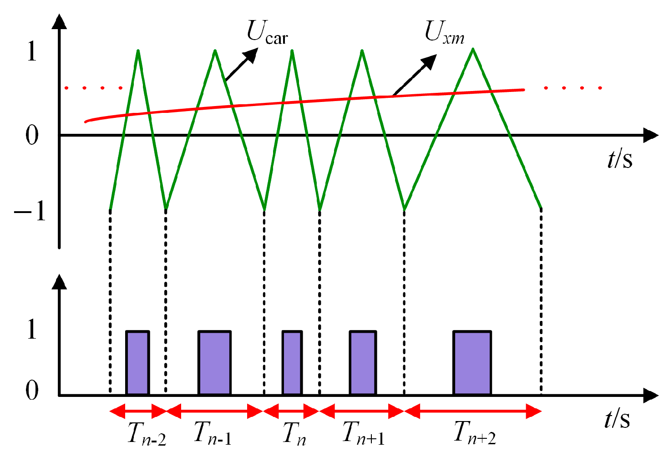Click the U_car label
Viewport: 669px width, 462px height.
tap(267, 33)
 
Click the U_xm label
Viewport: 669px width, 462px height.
tap(444, 33)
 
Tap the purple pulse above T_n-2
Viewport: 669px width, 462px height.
tap(137, 363)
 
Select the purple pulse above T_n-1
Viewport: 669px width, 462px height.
tap(214, 363)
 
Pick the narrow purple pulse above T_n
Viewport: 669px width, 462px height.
tap(292, 363)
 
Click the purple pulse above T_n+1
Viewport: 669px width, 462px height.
tap(363, 363)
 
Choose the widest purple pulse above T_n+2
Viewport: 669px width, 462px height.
tap(472, 363)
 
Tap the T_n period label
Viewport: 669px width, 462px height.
tap(294, 433)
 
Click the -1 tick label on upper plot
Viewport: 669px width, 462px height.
tap(30, 211)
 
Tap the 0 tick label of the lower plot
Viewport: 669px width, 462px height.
tap(32, 390)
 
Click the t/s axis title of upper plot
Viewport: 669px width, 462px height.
tap(620, 159)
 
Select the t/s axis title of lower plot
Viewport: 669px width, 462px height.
tap(617, 419)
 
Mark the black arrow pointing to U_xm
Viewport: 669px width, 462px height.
tap(414, 75)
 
